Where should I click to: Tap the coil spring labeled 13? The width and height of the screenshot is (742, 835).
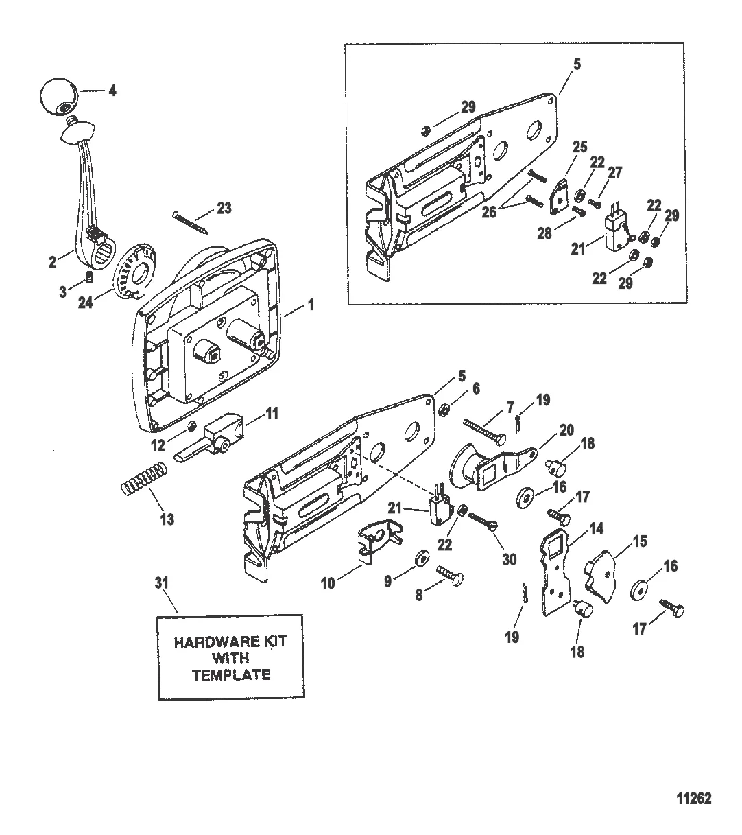[x=145, y=479]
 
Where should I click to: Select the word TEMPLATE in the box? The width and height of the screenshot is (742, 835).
[x=232, y=674]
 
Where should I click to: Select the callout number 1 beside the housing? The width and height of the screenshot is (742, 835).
[x=311, y=305]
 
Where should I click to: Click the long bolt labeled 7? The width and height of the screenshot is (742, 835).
[x=485, y=433]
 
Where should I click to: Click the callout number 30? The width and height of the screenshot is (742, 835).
[x=510, y=559]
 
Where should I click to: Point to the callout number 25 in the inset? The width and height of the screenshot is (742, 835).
[x=579, y=147]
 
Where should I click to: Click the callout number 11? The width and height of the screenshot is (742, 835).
[x=272, y=413]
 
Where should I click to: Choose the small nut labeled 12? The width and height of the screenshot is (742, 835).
[x=191, y=427]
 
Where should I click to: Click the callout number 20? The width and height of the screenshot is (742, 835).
[x=566, y=430]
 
